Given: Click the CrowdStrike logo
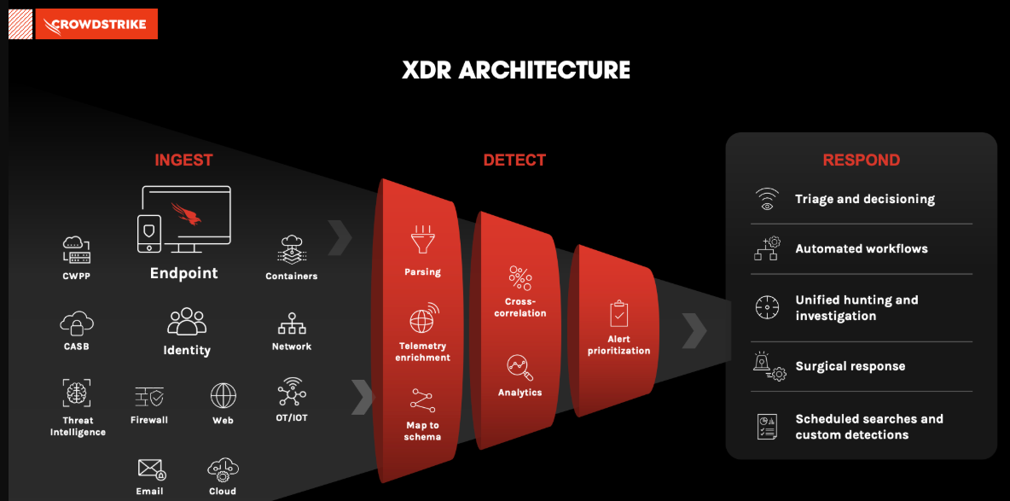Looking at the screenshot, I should [x=96, y=24].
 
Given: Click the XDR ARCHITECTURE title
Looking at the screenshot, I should [x=516, y=70].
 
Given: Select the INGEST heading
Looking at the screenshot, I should [x=183, y=160].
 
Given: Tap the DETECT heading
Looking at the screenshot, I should [x=514, y=160].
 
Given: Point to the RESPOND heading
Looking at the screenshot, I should [x=861, y=160].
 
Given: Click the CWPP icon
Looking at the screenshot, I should [x=76, y=250].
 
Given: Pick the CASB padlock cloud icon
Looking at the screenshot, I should [x=76, y=323].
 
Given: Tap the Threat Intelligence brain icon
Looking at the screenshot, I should [x=77, y=393].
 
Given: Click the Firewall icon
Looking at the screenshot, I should [x=149, y=397].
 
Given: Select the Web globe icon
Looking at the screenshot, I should [x=223, y=396].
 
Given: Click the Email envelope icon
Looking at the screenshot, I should [x=151, y=469].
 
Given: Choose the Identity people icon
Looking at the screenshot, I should [x=187, y=323].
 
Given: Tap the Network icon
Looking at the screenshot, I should [x=292, y=324].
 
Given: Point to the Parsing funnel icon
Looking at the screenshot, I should [x=422, y=240].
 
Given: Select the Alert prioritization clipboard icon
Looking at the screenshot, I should [x=618, y=313].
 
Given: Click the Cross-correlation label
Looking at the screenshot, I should [x=520, y=307].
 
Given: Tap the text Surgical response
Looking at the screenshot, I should [x=850, y=366].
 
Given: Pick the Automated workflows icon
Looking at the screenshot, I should [x=767, y=248].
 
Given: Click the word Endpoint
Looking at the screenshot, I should [x=183, y=273].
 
